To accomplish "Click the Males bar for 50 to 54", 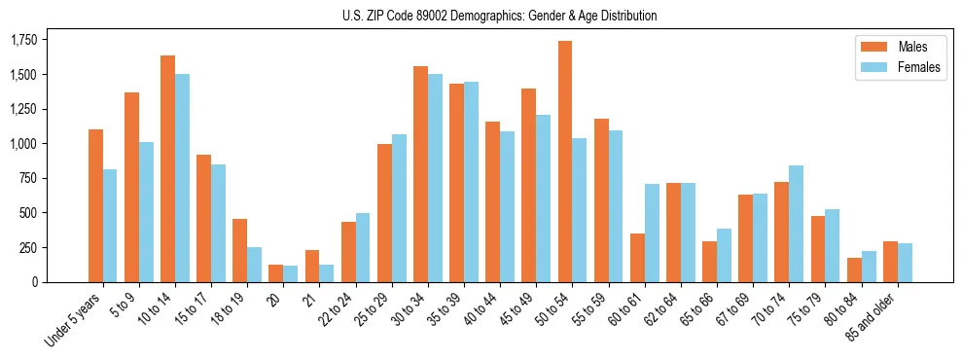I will pyautogui.click(x=565, y=162).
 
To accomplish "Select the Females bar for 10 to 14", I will pyautogui.click(x=182, y=178).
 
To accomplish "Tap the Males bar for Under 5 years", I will pyautogui.click(x=95, y=205).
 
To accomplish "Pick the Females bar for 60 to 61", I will pyautogui.click(x=652, y=233).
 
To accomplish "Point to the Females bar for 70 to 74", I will pyautogui.click(x=796, y=224).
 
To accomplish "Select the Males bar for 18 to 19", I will pyautogui.click(x=239, y=250).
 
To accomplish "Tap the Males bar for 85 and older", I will pyautogui.click(x=890, y=262).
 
